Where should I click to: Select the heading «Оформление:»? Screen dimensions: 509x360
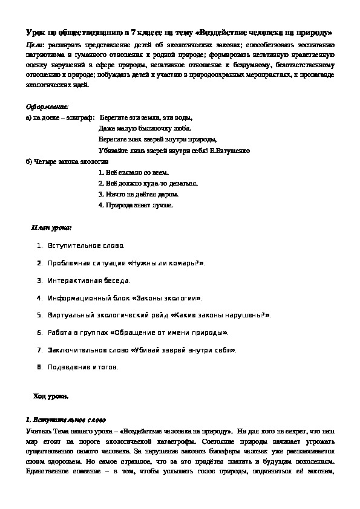tap(47, 106)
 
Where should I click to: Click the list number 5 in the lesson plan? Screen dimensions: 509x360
tap(39, 315)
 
